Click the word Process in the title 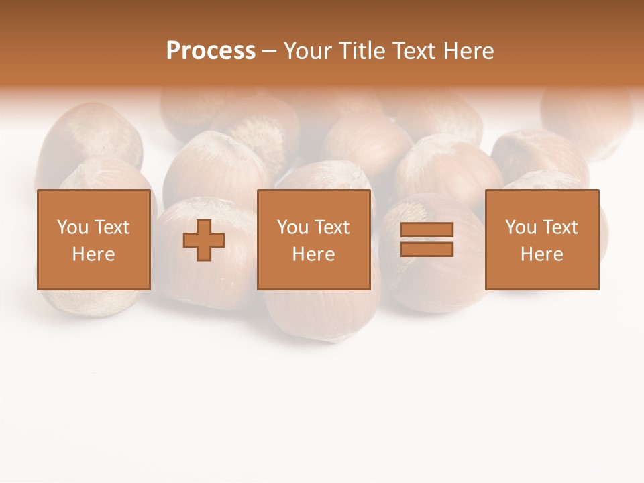(x=211, y=51)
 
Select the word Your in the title (x=307, y=51)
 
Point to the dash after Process (x=270, y=52)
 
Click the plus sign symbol (x=204, y=240)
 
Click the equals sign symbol (x=427, y=239)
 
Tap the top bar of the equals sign (x=427, y=230)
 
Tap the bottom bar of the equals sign (x=427, y=250)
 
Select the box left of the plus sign (x=94, y=239)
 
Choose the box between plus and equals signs (x=313, y=239)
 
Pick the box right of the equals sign (x=542, y=239)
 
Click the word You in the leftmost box (x=72, y=227)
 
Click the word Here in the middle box (x=313, y=254)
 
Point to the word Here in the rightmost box (x=542, y=254)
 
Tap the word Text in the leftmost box (x=111, y=227)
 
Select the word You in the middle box (x=292, y=227)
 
